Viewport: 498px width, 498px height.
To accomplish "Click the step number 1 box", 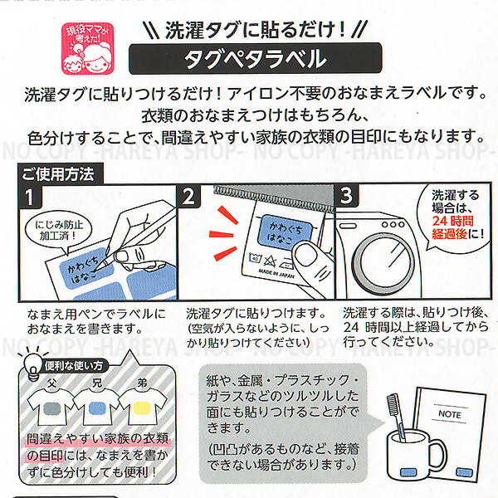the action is click(x=31, y=198).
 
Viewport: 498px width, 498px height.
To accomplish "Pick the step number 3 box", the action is click(x=347, y=198).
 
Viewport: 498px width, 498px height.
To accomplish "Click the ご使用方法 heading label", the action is click(x=58, y=174).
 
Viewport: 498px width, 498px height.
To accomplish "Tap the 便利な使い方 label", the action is click(x=76, y=364).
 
